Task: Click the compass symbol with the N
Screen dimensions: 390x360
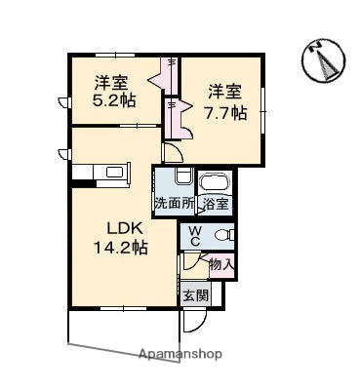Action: pyautogui.click(x=323, y=60)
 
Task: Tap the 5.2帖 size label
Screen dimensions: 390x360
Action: pyautogui.click(x=115, y=99)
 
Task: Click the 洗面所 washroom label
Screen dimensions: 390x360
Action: pyautogui.click(x=175, y=204)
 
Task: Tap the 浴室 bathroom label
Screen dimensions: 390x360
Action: pyautogui.click(x=215, y=204)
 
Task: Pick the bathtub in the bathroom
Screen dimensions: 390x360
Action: pyautogui.click(x=214, y=182)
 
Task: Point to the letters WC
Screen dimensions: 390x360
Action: pyautogui.click(x=194, y=235)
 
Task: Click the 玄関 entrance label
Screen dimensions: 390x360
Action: pyautogui.click(x=194, y=296)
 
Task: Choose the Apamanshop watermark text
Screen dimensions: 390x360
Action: pyautogui.click(x=180, y=354)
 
